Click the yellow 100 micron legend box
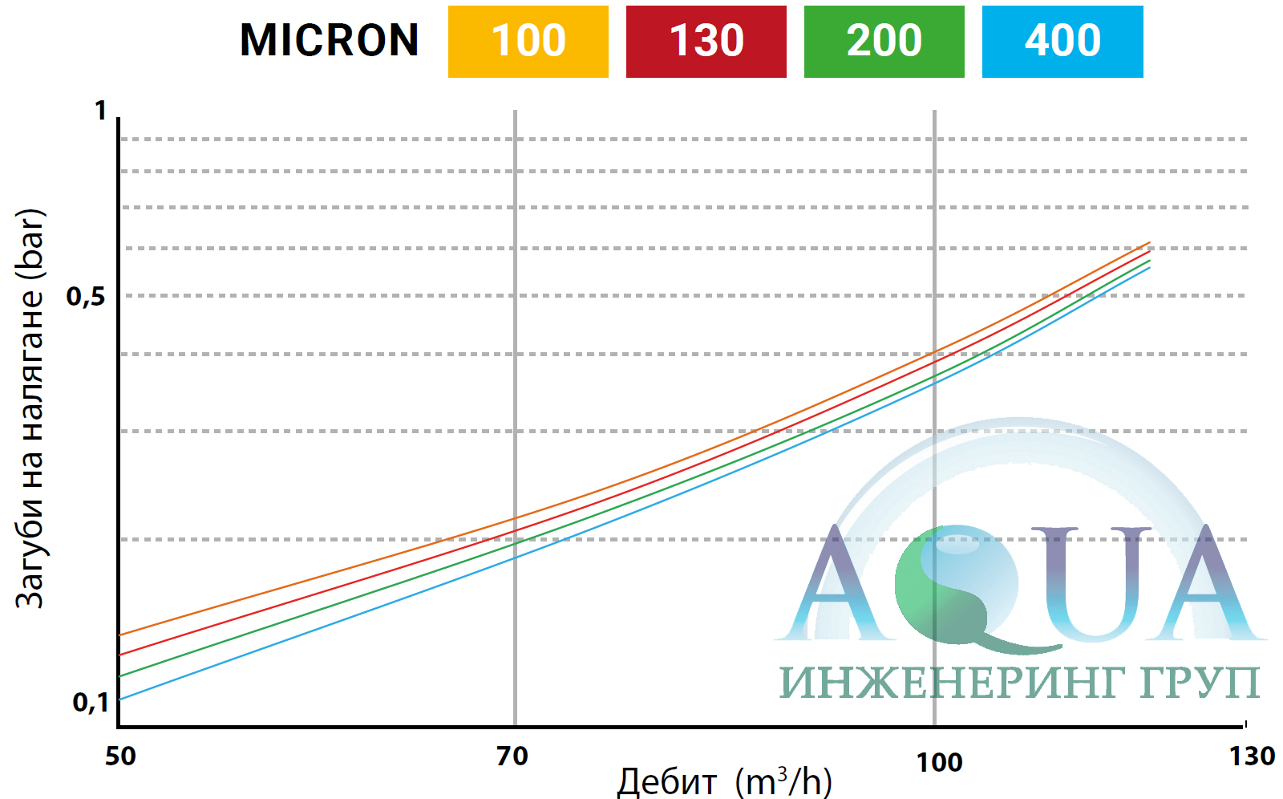528,42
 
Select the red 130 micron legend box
706,42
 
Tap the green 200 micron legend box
884,42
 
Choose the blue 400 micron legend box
1062,42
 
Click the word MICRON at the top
329,41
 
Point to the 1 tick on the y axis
100,111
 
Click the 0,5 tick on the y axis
86,297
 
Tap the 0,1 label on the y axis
91,703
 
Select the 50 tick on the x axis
120,756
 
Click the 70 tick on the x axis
512,756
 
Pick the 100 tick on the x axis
939,762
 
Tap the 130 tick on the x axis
1252,756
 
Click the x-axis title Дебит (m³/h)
724,781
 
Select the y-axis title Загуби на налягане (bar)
30,409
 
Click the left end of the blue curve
120,700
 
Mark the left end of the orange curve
120,635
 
